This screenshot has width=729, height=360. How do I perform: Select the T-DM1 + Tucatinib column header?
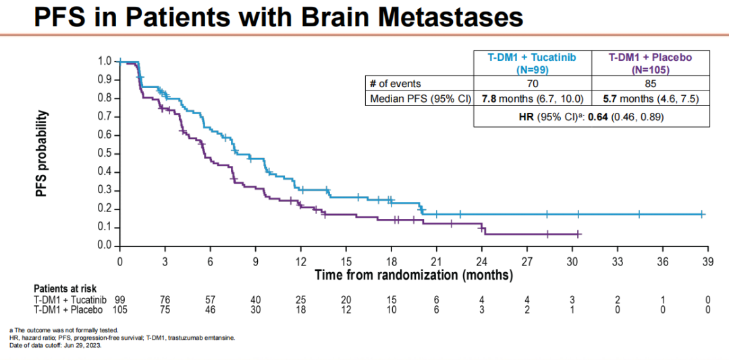click(533, 63)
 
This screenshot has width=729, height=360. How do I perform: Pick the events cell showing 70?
click(533, 84)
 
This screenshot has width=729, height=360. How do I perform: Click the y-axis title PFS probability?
click(42, 155)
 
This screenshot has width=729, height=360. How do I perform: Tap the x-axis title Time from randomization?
click(413, 275)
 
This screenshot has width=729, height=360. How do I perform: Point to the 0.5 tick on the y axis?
click(105, 153)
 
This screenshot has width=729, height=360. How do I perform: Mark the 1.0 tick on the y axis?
click(105, 61)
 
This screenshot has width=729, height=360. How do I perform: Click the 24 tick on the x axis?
click(482, 262)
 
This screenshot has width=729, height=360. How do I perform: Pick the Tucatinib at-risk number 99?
click(119, 300)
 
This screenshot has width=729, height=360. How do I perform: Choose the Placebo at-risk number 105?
click(119, 310)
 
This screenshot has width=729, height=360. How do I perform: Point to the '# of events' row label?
click(395, 84)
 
